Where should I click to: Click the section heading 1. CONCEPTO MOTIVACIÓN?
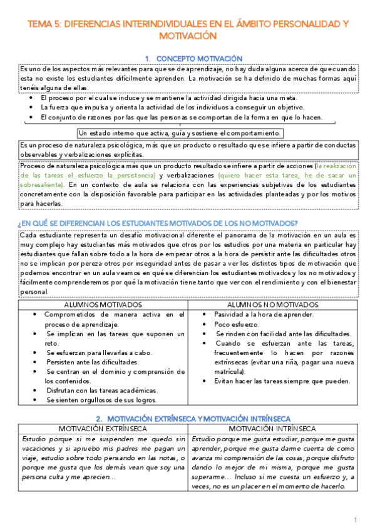188,57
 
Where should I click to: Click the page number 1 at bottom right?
355,520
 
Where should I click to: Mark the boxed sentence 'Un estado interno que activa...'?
180,133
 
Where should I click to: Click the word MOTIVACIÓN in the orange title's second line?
188,36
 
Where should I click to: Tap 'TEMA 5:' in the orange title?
43,24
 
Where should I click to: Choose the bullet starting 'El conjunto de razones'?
181,117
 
